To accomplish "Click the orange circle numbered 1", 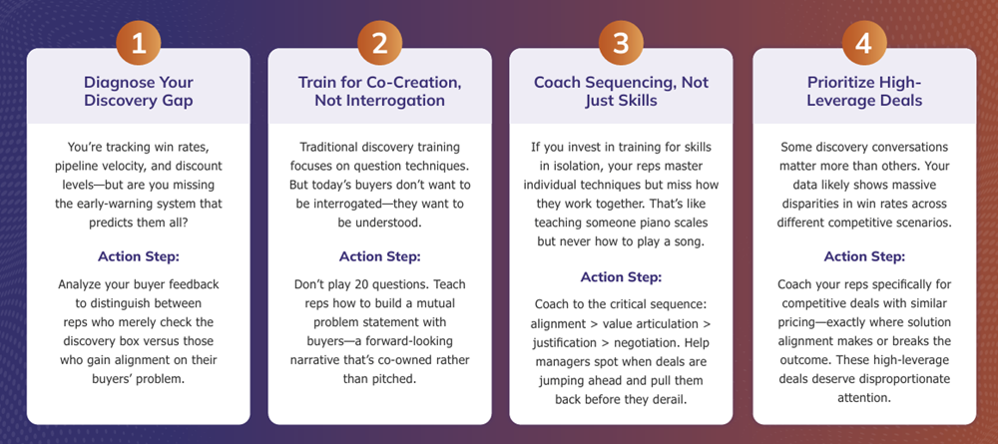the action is [x=138, y=43].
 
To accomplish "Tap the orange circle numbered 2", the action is [x=379, y=43].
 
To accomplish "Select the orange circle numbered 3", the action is [x=621, y=43].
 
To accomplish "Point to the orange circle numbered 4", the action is [x=863, y=43].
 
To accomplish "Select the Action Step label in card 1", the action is [x=138, y=257].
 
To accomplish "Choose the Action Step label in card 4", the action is [x=864, y=257].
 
